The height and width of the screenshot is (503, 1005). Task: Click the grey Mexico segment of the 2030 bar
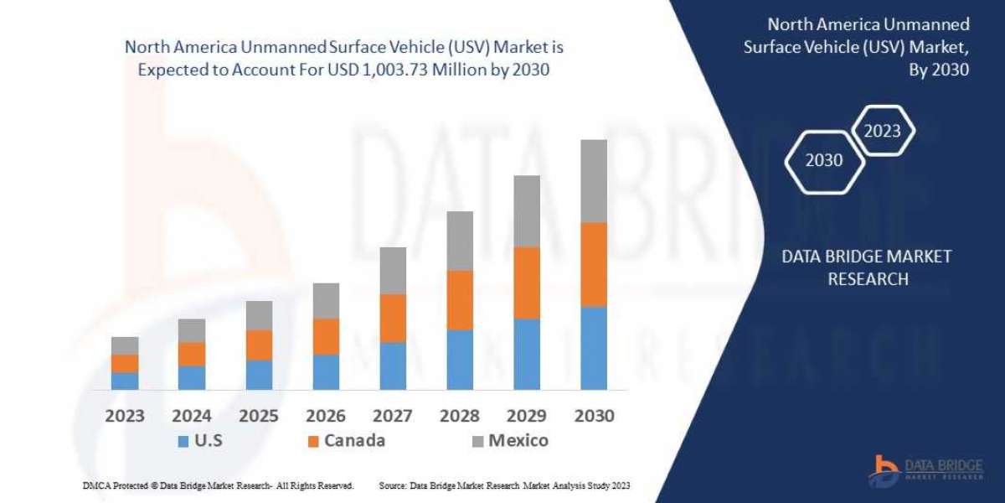[594, 181]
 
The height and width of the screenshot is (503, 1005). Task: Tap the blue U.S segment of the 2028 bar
[460, 360]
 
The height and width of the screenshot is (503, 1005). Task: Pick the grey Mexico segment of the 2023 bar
[125, 345]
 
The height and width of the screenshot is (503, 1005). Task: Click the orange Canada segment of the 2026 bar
[326, 336]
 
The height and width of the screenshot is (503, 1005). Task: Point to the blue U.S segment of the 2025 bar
[259, 375]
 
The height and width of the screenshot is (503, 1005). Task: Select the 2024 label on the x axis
[192, 416]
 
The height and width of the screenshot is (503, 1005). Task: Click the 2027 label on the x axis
[393, 416]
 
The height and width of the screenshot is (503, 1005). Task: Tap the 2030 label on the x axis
[594, 416]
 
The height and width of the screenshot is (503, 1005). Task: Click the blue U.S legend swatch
[183, 441]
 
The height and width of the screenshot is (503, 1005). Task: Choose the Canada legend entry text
[355, 441]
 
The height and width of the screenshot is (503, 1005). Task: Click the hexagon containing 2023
[882, 131]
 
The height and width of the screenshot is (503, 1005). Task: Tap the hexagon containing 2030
[824, 160]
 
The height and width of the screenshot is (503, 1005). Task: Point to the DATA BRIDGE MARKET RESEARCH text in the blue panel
[867, 267]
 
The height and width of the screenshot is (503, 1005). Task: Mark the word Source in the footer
[393, 486]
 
